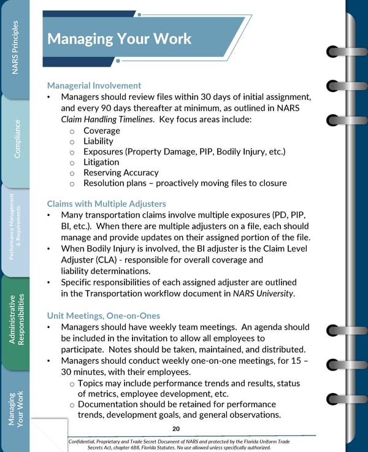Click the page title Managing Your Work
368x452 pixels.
tap(119, 39)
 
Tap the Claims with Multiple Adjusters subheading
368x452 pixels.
tap(106, 204)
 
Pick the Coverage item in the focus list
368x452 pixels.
tap(102, 131)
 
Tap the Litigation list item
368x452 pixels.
tap(101, 162)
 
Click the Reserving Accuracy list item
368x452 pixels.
tap(121, 173)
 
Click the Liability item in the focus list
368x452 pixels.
tap(98, 141)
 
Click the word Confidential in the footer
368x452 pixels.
tap(90, 440)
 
